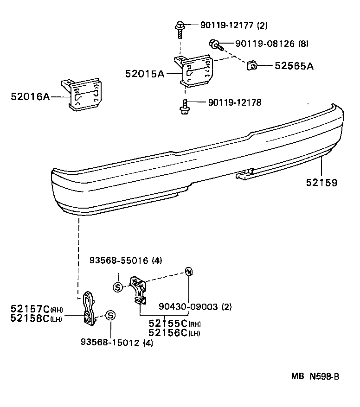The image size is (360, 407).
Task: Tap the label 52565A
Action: click(x=294, y=66)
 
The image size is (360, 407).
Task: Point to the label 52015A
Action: click(x=144, y=74)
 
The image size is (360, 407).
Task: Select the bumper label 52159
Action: click(x=321, y=183)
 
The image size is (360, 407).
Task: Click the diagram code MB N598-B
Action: click(x=315, y=376)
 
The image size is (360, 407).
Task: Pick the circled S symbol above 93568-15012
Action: click(x=110, y=316)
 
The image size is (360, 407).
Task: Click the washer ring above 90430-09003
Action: click(x=189, y=271)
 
